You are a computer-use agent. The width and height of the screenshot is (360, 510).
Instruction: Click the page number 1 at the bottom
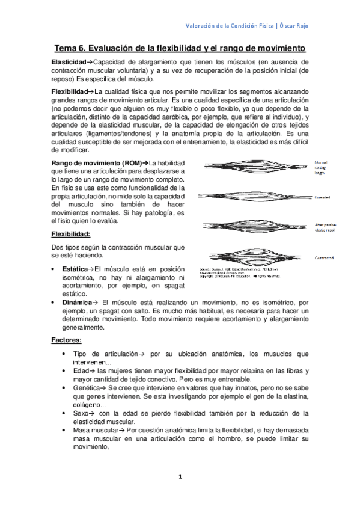coord(180,477)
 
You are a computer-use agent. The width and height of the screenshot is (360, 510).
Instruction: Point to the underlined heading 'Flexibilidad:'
coord(72,234)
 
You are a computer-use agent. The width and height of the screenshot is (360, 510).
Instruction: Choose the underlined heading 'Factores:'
coord(66,341)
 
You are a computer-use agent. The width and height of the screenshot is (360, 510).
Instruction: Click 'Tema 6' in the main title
coord(70,47)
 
